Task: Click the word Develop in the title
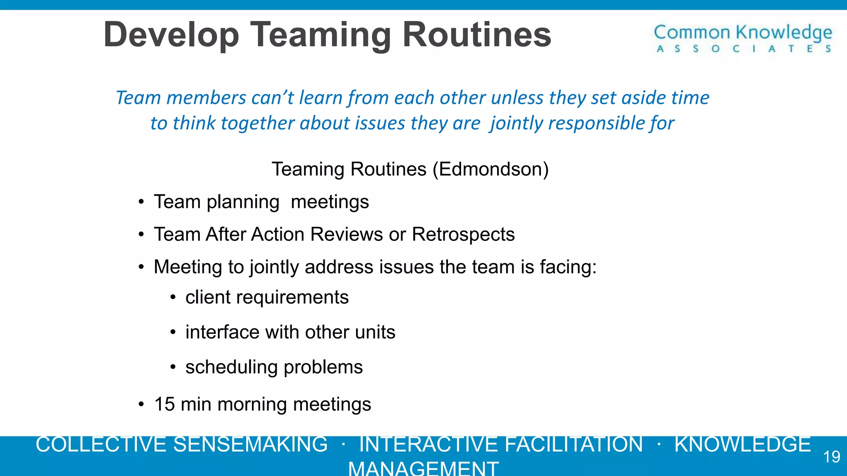[x=171, y=35]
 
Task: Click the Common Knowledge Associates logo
[x=743, y=38]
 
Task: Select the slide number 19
[x=831, y=457]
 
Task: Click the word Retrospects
[x=463, y=235]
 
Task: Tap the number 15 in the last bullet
[x=165, y=404]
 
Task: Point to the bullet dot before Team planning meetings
[x=141, y=202]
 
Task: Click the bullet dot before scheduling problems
[x=173, y=367]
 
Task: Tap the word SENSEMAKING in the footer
[x=250, y=445]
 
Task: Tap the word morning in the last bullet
[x=252, y=405]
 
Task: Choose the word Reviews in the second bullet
[x=347, y=235]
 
